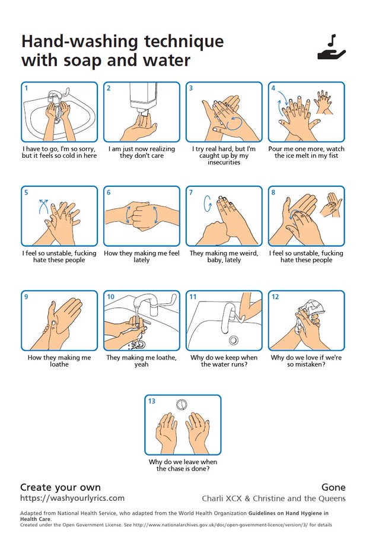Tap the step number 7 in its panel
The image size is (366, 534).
click(191, 192)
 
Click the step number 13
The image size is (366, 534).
click(151, 401)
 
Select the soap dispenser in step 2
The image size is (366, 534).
click(143, 98)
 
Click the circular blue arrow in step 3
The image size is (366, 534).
click(235, 123)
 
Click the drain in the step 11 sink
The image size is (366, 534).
click(234, 340)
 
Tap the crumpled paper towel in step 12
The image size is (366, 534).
click(311, 307)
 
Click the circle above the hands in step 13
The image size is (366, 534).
click(182, 405)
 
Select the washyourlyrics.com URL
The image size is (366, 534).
click(72, 498)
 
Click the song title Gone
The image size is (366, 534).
click(333, 487)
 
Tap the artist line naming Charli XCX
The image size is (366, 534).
click(273, 498)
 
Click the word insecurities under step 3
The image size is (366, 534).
click(224, 163)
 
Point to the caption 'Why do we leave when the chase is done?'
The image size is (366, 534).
click(183, 465)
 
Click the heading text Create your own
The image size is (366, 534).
click(61, 487)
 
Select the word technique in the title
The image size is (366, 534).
click(184, 42)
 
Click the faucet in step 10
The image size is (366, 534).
click(147, 304)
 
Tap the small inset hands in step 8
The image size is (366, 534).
click(331, 205)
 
